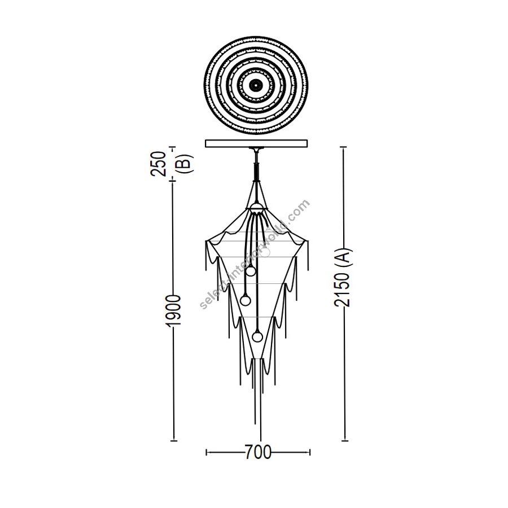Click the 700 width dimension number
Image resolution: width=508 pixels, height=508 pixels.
coord(258,452)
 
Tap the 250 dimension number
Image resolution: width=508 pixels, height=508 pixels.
coord(159,164)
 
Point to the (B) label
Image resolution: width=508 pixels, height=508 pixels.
coord(185,164)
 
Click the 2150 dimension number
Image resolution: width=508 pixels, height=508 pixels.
coord(343,290)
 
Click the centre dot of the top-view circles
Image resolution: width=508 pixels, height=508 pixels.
coord(256,85)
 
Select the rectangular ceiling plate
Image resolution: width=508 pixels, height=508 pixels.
coord(257,143)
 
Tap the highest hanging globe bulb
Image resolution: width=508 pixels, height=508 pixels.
coord(251,271)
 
